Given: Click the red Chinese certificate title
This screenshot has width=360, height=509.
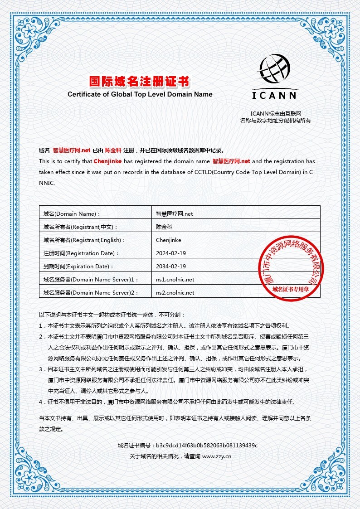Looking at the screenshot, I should pos(139,82).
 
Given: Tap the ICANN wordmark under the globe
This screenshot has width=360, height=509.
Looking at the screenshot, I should pos(274,95).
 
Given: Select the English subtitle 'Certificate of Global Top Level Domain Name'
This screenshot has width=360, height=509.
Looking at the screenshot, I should pos(140,95).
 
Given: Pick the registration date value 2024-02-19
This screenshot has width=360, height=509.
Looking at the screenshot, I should pos(171,253).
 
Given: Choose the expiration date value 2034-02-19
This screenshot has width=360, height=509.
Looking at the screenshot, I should pos(171,266).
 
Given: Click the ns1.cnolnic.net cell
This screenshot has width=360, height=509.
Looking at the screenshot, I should pos(175,279).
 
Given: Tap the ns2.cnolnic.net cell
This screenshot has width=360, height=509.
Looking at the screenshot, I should pos(175,293).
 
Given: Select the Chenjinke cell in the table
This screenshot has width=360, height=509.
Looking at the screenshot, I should pos(169,240).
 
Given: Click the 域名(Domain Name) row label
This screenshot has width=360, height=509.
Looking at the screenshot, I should pos(71,213).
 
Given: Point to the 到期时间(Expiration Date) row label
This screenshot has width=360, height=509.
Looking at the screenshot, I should pos(78,267).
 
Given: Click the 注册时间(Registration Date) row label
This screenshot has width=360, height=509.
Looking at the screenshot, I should pos(81,253).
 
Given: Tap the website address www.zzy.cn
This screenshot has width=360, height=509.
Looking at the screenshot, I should pos(217,456).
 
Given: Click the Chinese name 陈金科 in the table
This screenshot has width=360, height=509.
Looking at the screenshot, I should pos(164,227).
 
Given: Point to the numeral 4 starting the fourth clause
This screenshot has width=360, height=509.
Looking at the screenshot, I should pos(40,402).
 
